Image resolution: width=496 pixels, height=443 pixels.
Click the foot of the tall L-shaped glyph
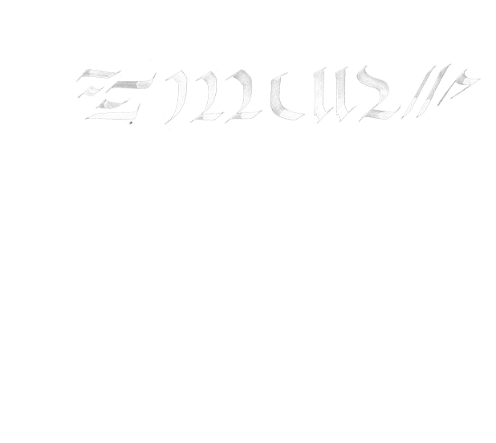277,112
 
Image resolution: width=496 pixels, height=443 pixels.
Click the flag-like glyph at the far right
461,88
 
